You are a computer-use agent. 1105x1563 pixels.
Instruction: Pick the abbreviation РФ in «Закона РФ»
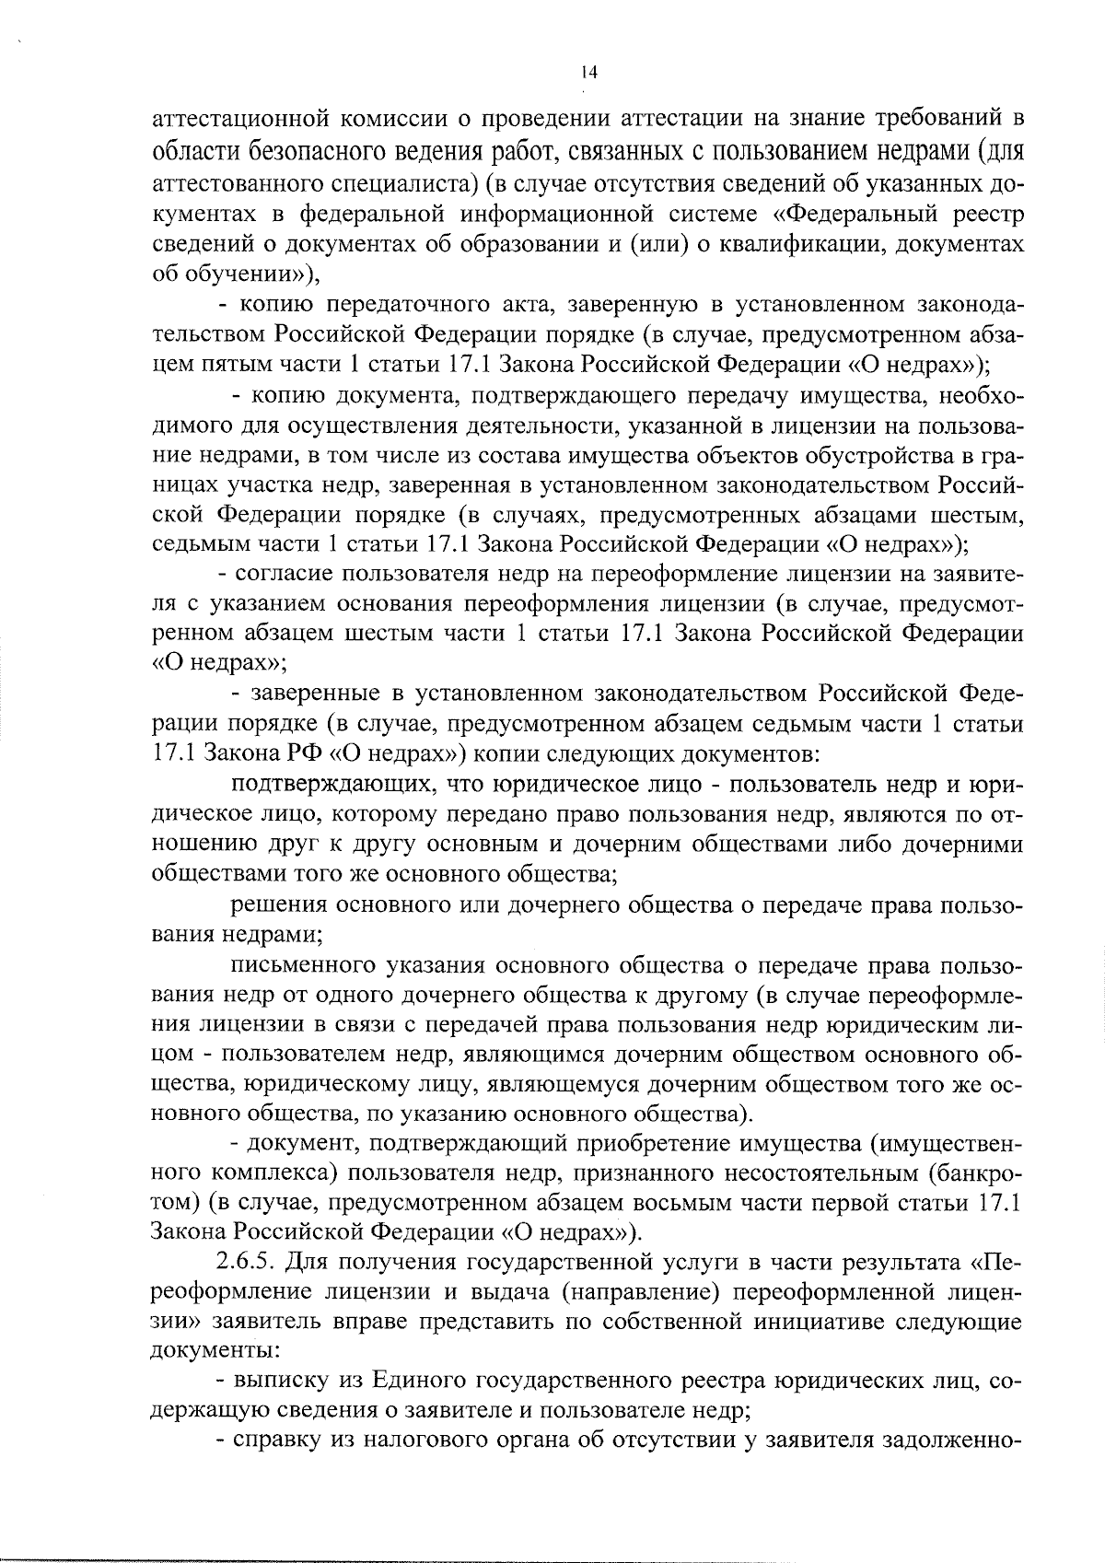298,753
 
